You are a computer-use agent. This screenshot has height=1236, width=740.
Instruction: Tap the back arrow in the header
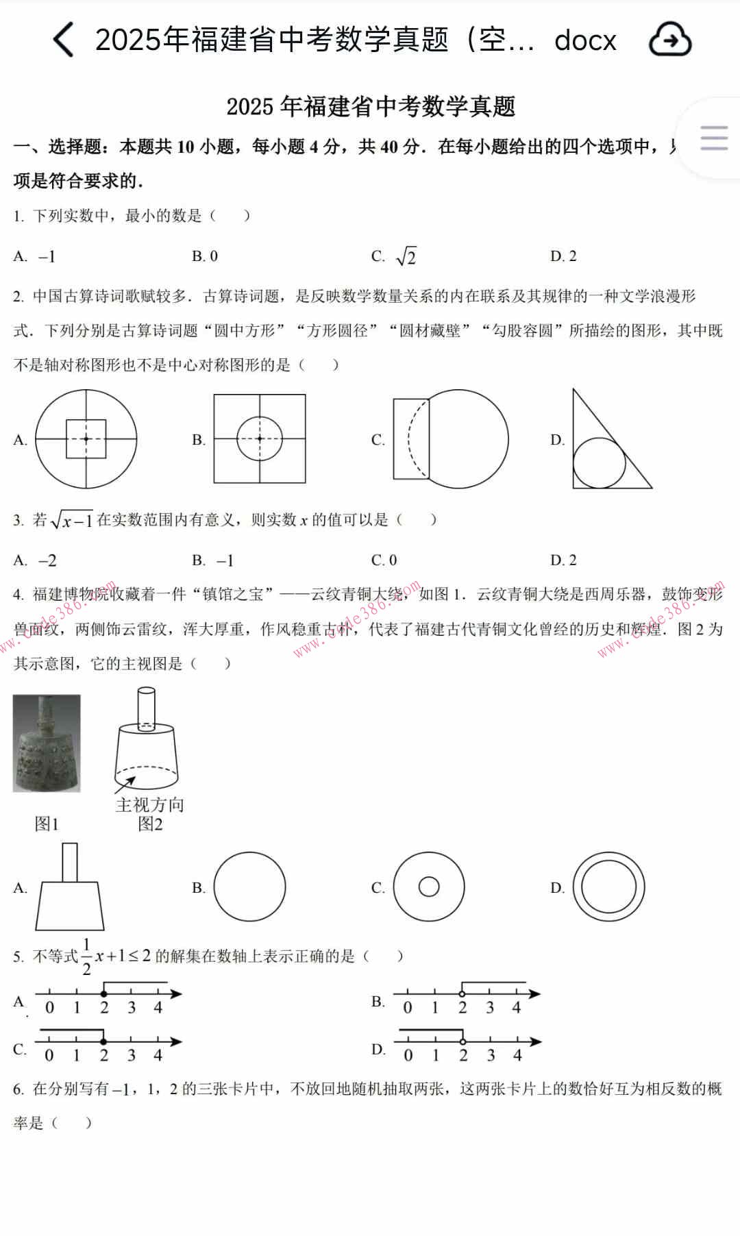63,40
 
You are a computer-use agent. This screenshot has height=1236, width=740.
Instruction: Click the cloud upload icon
669,40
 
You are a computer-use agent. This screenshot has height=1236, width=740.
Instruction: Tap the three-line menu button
713,138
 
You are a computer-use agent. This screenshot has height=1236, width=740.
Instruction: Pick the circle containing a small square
86,438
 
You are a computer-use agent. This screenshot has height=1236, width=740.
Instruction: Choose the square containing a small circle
260,438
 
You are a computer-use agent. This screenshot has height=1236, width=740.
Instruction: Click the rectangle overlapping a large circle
450,438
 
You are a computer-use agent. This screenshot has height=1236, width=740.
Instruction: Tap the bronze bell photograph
47,743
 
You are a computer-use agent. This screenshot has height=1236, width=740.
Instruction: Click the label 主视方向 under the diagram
150,804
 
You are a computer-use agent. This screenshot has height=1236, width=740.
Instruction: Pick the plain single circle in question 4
249,887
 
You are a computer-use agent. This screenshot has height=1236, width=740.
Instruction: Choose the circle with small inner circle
429,887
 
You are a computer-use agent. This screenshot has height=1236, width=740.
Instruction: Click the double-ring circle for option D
608,887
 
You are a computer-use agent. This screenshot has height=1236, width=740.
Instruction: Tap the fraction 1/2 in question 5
86,956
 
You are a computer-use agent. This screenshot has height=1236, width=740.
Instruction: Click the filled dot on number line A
104,993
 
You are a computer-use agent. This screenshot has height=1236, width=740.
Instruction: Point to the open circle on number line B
463,993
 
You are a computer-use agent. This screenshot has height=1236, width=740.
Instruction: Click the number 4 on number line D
517,1056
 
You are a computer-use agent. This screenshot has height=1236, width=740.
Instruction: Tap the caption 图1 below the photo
47,824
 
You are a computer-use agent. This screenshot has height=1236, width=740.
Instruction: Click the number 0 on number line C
49,1056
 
